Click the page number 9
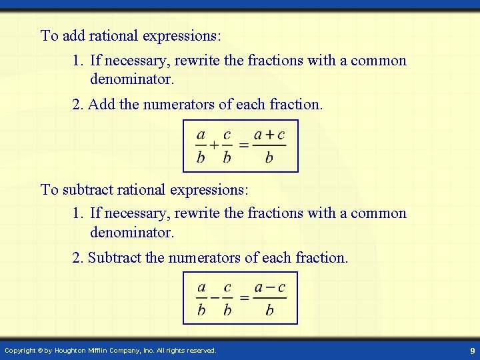coord(472,351)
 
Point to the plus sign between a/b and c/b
coord(214,145)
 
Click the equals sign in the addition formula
coord(244,145)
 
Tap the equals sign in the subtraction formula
coord(244,297)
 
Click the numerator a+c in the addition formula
coord(269,134)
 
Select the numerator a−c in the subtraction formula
coord(269,287)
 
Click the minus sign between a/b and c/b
coord(214,297)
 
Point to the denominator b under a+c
coord(269,158)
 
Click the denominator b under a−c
coord(269,310)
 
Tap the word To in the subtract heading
coord(49,189)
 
